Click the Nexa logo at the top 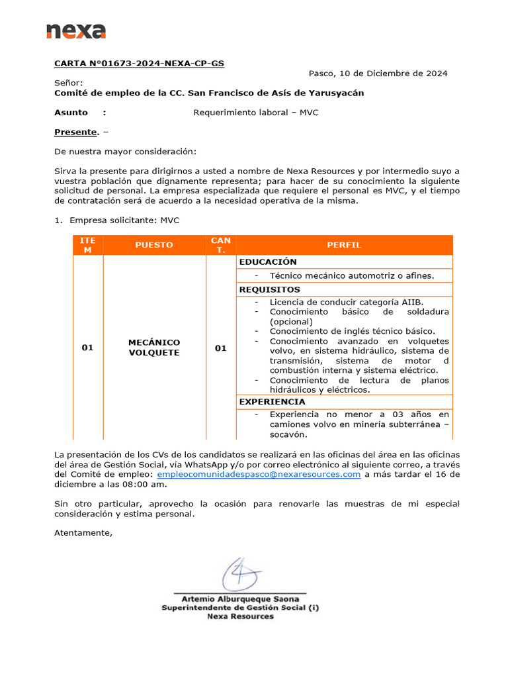(x=76, y=30)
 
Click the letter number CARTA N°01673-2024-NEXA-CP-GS (x=139, y=64)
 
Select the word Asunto (x=71, y=113)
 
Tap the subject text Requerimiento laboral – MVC (x=255, y=113)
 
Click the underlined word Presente (x=76, y=132)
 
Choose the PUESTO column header (x=154, y=245)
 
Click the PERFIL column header (x=344, y=245)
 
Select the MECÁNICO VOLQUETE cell (x=154, y=348)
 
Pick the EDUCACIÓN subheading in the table (x=268, y=262)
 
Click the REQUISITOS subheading (x=269, y=290)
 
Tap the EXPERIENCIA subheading (x=272, y=402)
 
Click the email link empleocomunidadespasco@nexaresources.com (x=259, y=475)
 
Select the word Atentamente (x=83, y=533)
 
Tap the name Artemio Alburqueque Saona (x=240, y=599)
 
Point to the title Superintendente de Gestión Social (x=240, y=608)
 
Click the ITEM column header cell (x=87, y=245)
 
